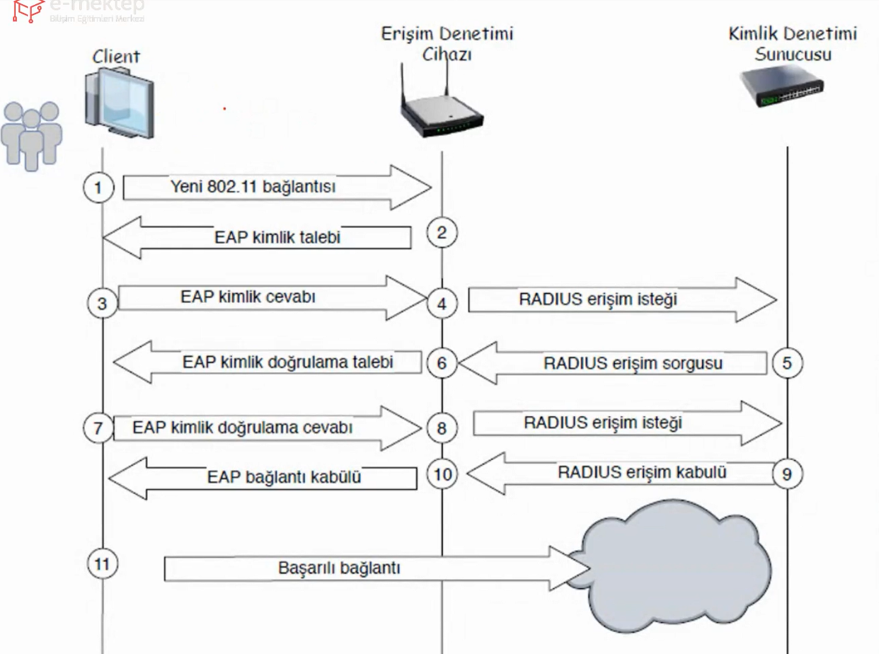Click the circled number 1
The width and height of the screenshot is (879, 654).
(98, 188)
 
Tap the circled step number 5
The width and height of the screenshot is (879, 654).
(787, 363)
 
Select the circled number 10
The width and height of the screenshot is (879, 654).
(442, 474)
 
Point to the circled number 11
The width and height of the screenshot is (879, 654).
(102, 563)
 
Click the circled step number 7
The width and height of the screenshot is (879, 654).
(98, 428)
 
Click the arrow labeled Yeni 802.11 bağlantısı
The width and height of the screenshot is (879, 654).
(276, 188)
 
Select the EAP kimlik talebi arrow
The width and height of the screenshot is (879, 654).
(258, 237)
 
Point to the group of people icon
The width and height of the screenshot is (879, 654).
(32, 134)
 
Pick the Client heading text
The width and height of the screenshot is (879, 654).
(117, 56)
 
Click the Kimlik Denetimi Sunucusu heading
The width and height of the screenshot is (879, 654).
(793, 43)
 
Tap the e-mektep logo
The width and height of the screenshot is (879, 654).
(78, 9)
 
